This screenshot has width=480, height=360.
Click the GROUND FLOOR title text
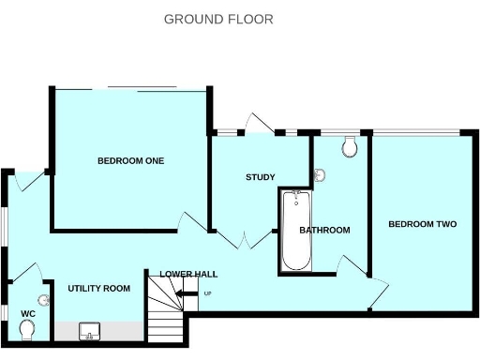218,19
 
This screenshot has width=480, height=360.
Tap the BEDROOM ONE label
130,161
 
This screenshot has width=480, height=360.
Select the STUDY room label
260,178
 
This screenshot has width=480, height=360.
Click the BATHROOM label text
324,231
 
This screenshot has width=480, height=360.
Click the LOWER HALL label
188,275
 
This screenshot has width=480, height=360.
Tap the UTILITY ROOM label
98,289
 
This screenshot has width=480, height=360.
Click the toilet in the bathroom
350,147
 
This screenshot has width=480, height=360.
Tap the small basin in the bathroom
320,175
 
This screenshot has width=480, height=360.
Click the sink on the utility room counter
91,331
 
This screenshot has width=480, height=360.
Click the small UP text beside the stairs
207,294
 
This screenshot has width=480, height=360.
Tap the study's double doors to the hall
245,239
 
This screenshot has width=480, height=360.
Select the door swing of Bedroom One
193,222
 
